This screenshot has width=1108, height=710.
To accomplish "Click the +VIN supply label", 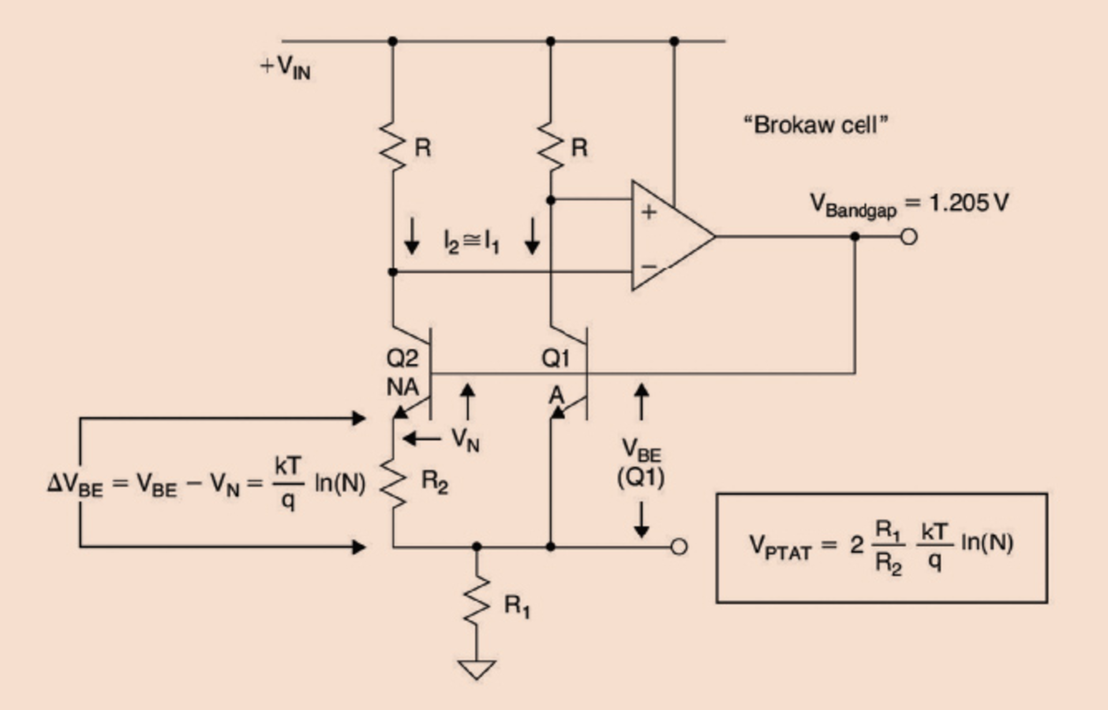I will point(286,69).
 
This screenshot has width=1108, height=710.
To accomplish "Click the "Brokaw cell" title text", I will point(815,125).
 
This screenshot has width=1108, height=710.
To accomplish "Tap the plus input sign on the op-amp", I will point(649,212).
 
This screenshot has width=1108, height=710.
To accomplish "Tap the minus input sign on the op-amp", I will point(649,266).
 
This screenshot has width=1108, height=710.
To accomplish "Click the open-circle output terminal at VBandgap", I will point(909,236).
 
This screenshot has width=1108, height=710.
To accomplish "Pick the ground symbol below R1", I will point(476,669).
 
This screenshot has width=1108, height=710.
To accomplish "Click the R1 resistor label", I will point(516,606).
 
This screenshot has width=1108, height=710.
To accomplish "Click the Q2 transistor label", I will point(402,359).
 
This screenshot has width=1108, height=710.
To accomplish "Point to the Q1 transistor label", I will point(555,359).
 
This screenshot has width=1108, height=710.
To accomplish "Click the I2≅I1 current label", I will point(471,242).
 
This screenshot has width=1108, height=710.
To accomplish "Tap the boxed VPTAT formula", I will point(881,547).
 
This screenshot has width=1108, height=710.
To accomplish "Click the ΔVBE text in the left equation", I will point(75,483).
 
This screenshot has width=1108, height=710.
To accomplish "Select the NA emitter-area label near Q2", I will point(402,387).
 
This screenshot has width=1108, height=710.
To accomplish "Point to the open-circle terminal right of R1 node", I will point(679,546).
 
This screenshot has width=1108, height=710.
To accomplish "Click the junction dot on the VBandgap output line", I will point(855,236).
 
